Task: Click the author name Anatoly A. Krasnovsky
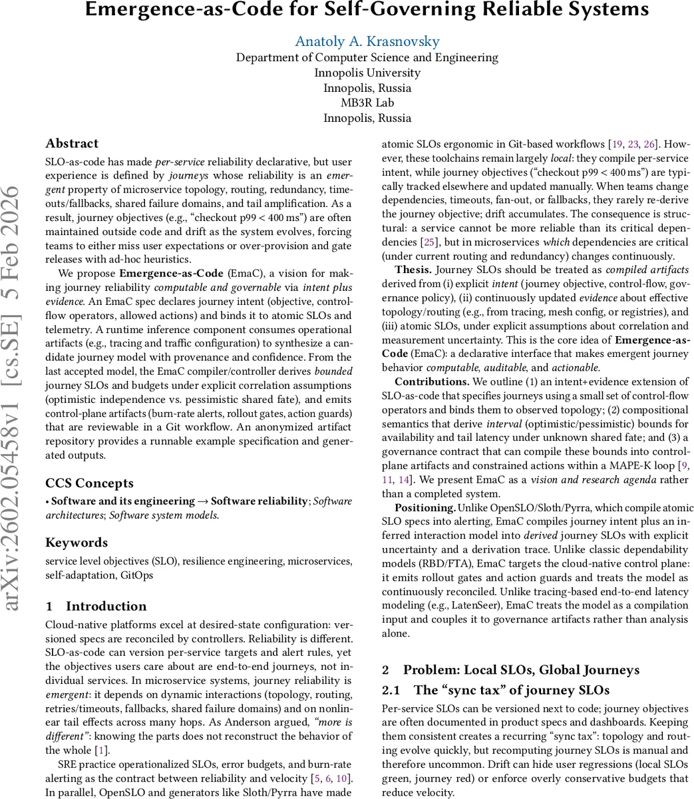[367, 41]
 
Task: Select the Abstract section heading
[72, 143]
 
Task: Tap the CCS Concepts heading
[89, 483]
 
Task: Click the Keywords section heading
[77, 543]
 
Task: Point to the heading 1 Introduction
[96, 607]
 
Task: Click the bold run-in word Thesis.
[413, 270]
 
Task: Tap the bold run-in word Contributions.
[431, 382]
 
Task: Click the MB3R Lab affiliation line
[367, 103]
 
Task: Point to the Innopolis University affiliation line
[367, 73]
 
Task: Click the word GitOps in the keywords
[136, 575]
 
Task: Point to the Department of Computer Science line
[367, 57]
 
